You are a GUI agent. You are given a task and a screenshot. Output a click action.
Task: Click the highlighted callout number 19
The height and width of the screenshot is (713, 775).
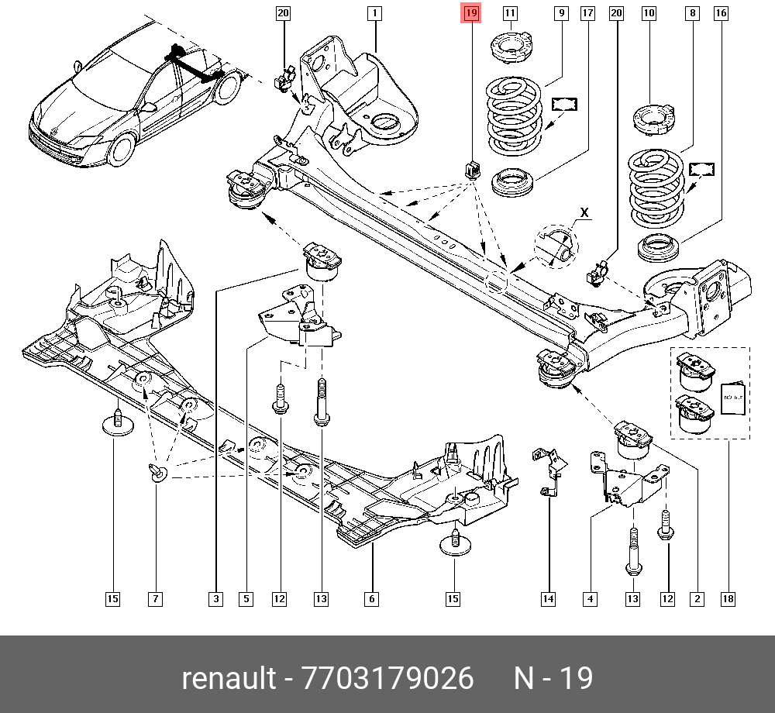(471, 12)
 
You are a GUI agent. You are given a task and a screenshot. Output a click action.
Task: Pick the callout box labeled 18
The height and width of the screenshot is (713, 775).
(728, 598)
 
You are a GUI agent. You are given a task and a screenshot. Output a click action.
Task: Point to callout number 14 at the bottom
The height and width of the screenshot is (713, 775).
(548, 598)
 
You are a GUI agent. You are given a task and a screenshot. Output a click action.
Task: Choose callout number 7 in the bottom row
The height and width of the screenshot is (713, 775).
(156, 598)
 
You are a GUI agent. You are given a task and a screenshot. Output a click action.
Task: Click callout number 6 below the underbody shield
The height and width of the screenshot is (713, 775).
(371, 598)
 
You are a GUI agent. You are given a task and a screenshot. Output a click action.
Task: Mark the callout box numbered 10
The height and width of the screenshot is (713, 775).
(649, 12)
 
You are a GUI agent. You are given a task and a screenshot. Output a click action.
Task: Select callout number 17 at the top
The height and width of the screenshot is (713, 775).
(587, 12)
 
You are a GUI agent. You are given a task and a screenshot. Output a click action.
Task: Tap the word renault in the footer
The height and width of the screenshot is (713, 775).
(229, 679)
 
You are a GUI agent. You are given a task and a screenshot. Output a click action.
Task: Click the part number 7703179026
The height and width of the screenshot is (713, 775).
(387, 679)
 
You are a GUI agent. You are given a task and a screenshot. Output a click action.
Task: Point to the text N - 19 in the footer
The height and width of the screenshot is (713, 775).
(553, 679)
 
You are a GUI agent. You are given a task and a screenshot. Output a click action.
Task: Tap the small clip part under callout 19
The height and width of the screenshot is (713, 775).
(472, 167)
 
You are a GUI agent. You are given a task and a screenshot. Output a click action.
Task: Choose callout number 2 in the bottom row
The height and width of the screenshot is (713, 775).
(697, 598)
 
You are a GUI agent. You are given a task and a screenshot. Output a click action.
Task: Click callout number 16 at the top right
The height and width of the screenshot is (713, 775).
(721, 12)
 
